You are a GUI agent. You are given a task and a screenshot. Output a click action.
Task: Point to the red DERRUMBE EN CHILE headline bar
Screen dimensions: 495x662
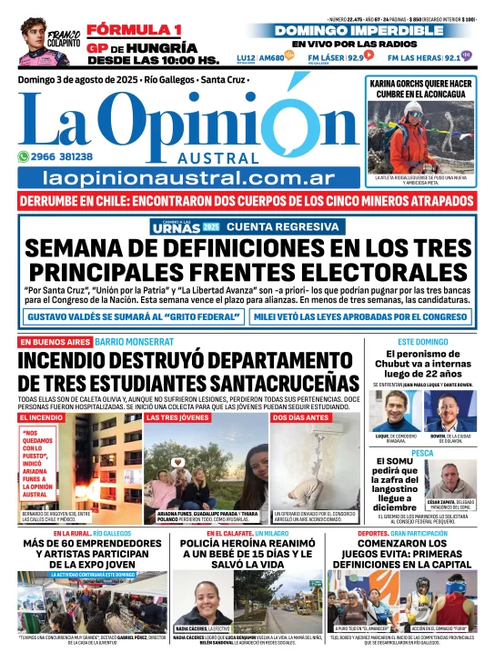tap(247, 200)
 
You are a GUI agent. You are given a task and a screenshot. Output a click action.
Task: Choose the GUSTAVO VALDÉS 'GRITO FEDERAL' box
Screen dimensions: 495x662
tap(133, 316)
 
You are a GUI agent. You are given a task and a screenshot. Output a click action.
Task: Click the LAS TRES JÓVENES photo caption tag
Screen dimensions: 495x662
tap(176, 417)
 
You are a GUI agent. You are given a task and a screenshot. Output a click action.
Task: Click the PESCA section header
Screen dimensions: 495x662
tap(422, 452)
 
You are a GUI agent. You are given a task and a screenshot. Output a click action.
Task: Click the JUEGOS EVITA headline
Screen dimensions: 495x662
tap(411, 554)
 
